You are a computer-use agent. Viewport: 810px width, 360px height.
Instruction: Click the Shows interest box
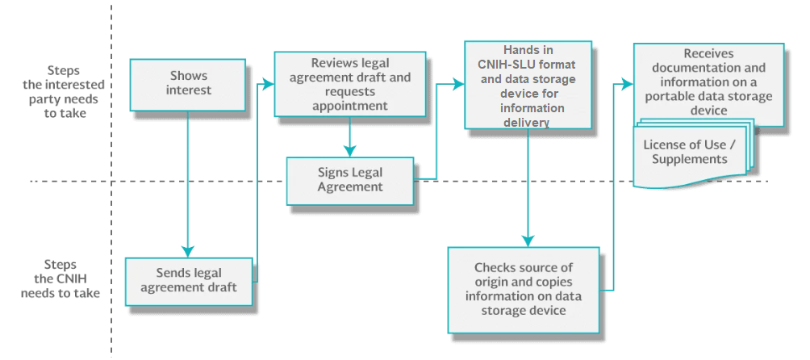[187, 85]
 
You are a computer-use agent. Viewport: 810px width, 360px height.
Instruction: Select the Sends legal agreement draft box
[189, 282]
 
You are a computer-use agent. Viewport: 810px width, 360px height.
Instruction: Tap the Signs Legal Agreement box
[350, 181]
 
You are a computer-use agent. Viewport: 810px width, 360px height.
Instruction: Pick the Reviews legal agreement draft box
[349, 84]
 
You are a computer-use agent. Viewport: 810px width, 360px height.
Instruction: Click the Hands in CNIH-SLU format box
[528, 86]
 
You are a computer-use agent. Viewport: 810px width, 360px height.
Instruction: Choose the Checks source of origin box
[524, 290]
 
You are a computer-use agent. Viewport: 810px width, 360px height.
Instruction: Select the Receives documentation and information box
[708, 85]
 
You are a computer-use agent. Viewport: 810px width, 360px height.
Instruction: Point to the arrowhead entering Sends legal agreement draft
[187, 251]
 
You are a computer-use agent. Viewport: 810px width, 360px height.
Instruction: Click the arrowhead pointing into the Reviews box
[268, 84]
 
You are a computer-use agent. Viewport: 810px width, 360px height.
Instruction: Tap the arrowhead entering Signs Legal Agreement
[350, 151]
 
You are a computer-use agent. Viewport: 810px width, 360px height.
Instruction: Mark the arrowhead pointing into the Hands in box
[458, 84]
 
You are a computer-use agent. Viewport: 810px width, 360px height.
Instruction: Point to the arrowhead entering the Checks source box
[528, 241]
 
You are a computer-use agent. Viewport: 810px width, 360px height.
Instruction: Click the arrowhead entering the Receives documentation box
[627, 84]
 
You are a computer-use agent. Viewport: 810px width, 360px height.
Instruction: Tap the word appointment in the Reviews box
[349, 106]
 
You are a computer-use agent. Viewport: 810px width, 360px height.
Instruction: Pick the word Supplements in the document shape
[690, 159]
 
